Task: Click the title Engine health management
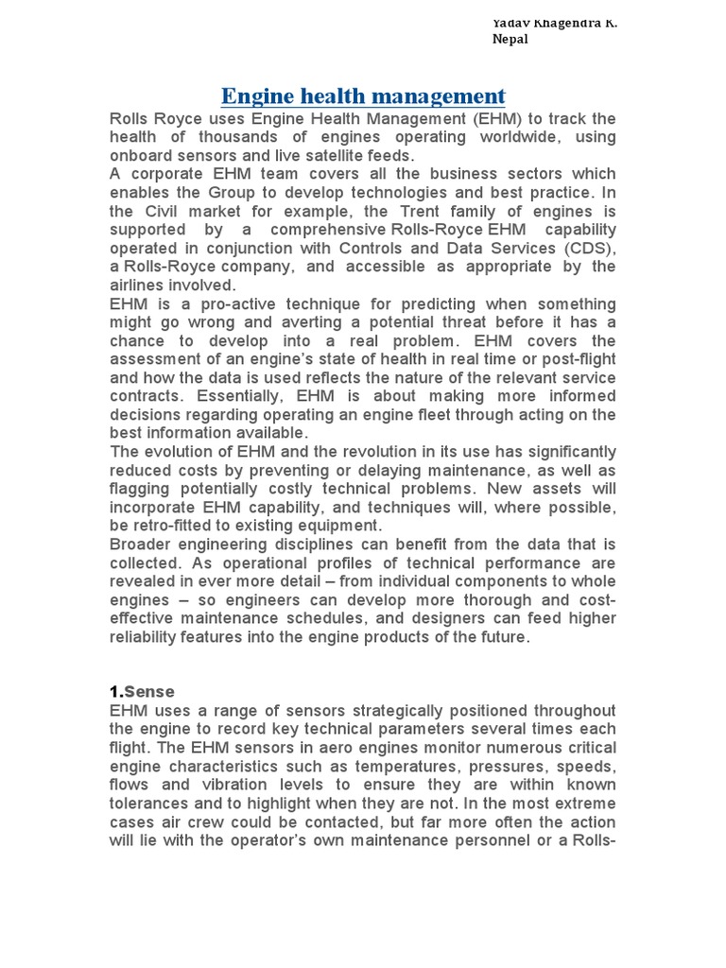[x=363, y=95]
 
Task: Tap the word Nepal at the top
[x=510, y=39]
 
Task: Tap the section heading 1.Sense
[x=143, y=692]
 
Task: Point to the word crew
[x=215, y=821]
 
